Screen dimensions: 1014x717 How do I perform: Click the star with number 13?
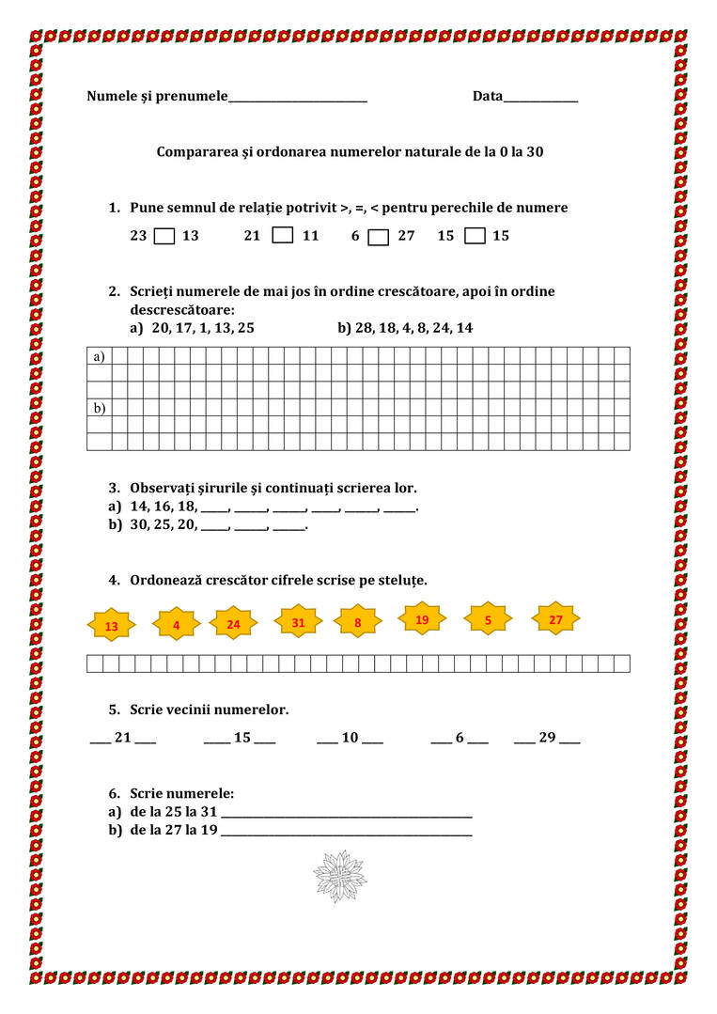(x=112, y=626)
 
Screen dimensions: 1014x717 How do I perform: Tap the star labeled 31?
(x=298, y=622)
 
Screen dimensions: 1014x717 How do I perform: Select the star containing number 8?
(x=358, y=622)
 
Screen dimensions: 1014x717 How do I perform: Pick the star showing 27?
(x=555, y=619)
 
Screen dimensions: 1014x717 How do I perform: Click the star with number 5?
(x=489, y=620)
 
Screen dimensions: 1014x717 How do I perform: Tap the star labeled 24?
(x=233, y=624)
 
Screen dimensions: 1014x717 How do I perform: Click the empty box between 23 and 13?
(x=164, y=236)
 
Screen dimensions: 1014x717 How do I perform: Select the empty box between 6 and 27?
(x=378, y=237)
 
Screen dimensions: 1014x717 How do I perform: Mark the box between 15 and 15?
(x=475, y=236)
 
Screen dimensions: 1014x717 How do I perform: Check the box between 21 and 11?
(x=282, y=235)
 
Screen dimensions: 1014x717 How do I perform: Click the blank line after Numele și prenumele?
(x=297, y=99)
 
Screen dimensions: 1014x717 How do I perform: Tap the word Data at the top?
(x=488, y=96)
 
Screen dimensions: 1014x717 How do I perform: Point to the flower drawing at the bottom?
(x=339, y=876)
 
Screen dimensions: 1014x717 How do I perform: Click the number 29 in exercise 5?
(x=547, y=738)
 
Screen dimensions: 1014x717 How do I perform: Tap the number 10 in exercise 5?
(x=350, y=738)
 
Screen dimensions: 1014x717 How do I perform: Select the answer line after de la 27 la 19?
(x=347, y=833)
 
